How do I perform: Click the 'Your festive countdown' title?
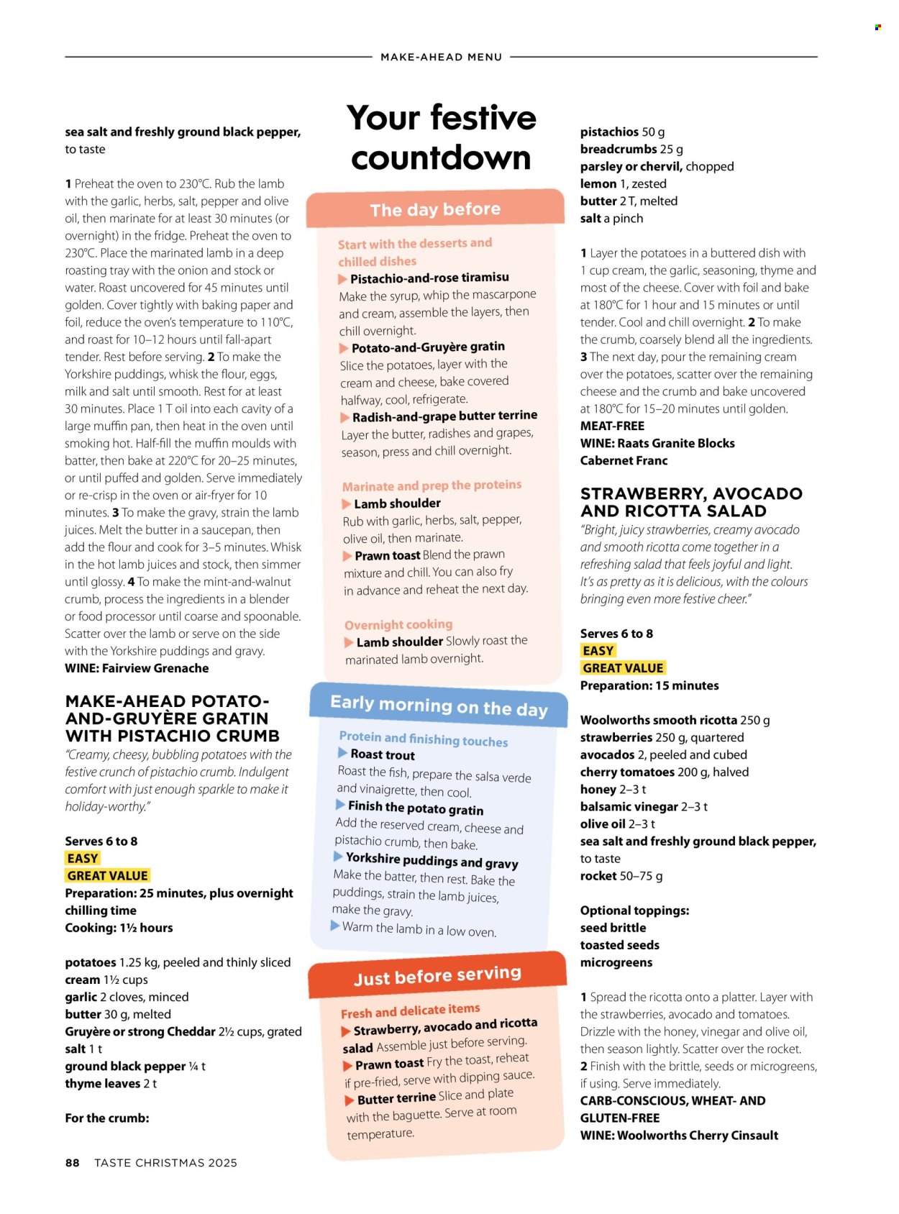pos(442,137)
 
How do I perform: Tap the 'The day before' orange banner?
pos(435,209)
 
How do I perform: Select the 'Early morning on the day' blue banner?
pos(439,706)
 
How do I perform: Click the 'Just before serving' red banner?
pos(437,976)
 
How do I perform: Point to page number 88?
pos(72,1163)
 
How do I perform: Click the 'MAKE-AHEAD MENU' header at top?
pos(441,57)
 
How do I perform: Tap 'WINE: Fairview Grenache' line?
pos(137,668)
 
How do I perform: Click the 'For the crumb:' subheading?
pos(107,1118)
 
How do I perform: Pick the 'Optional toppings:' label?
pos(634,910)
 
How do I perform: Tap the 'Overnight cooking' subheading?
pos(398,624)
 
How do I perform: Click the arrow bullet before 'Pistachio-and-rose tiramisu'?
pos(343,279)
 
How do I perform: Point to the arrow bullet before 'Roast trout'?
pos(343,753)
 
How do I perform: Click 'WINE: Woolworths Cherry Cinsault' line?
pos(679,1135)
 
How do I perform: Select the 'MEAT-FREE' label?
pos(612,426)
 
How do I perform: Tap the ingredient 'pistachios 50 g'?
pos(622,132)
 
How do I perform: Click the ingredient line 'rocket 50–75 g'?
pos(621,876)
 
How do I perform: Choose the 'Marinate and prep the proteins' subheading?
pos(432,485)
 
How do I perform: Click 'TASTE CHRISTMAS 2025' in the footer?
pos(165,1163)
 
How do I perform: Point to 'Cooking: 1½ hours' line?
pos(119,928)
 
